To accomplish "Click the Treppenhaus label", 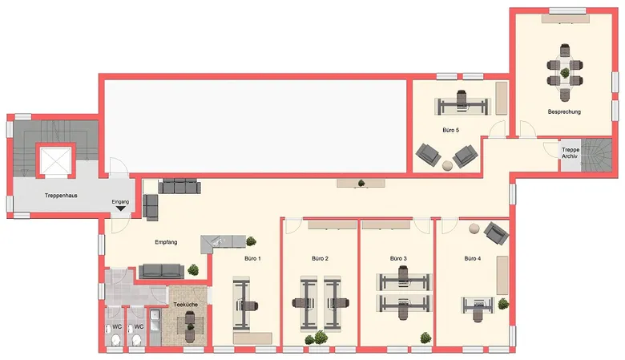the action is [61, 196].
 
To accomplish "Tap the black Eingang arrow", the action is [120, 208].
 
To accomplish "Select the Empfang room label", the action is [166, 242].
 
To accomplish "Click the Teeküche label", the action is [185, 305].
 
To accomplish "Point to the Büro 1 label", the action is [252, 258].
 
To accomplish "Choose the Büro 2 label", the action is [320, 258].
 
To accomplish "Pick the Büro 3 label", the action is [398, 258].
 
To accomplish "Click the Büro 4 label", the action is [472, 258].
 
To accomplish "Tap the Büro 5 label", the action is [451, 130].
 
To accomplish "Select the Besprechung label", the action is [564, 112].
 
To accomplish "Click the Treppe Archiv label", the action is [571, 152].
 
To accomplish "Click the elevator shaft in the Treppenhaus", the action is [56, 160].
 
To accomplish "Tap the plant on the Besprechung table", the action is [565, 72].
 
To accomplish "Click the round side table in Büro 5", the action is [448, 165].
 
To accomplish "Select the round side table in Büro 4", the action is [474, 229].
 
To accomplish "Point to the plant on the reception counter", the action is [251, 241].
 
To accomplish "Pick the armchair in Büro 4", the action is [496, 233].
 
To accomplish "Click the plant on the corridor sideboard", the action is [361, 183].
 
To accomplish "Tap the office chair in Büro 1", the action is [248, 306].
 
